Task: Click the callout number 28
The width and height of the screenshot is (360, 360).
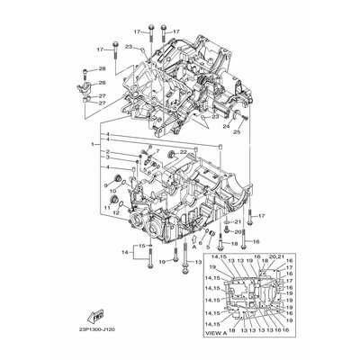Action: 102,69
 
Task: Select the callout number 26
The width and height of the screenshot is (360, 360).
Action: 102,83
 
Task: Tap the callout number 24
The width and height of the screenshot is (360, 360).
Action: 227,126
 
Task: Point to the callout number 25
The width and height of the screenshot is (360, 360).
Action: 238,131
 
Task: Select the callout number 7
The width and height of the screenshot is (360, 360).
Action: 157,149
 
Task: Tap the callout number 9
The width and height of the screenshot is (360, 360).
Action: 105,184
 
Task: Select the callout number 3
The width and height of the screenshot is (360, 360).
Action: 105,159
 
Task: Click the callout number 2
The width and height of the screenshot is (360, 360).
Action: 105,152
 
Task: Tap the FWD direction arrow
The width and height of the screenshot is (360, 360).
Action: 93,316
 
